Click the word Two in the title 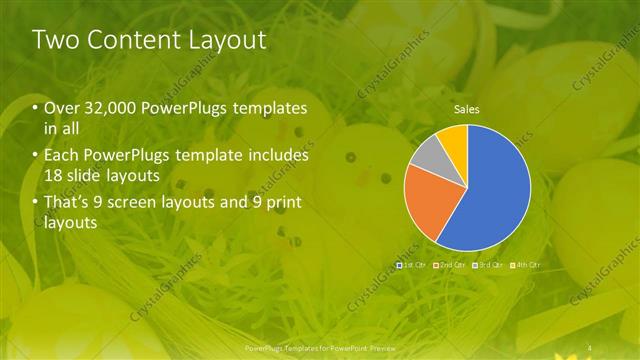[x=56, y=41]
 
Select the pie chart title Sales [x=467, y=108]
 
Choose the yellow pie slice [x=454, y=136]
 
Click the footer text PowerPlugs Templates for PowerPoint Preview [x=320, y=348]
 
